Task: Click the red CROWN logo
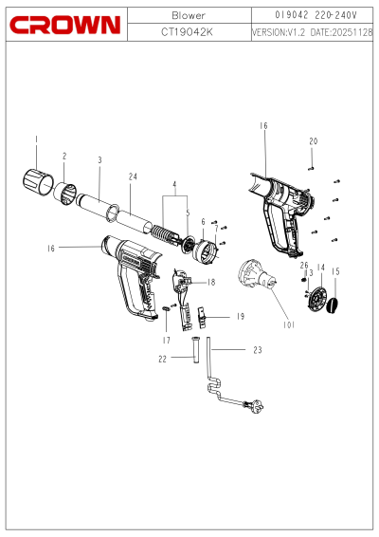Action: click(x=65, y=25)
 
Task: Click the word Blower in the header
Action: click(x=189, y=15)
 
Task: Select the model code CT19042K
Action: click(x=187, y=32)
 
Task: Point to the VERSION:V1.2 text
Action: click(x=279, y=32)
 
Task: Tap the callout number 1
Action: click(x=36, y=139)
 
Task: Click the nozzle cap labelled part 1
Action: click(x=38, y=181)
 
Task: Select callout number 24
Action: click(x=133, y=176)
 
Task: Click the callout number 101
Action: click(x=289, y=324)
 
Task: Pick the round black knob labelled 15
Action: click(x=333, y=306)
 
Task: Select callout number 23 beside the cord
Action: click(x=258, y=350)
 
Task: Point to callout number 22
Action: click(x=162, y=359)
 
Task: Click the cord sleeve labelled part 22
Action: click(x=195, y=350)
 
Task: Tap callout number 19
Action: click(x=241, y=317)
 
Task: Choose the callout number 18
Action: click(x=211, y=282)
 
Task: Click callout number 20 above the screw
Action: click(x=314, y=141)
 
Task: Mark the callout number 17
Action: click(x=166, y=341)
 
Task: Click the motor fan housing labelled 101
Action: click(x=257, y=274)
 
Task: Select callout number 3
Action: click(x=99, y=160)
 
